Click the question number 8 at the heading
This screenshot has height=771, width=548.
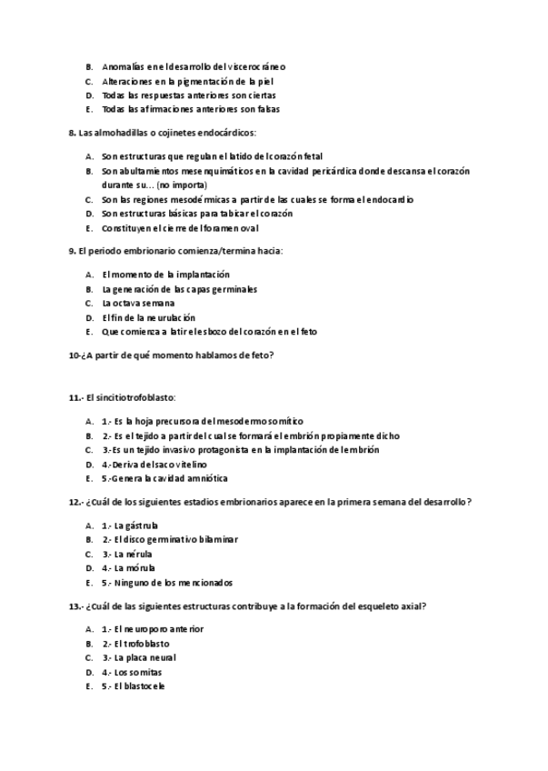pos(72,133)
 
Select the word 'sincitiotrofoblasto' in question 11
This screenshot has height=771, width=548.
pos(136,398)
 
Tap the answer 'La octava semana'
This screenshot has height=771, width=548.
pos(138,304)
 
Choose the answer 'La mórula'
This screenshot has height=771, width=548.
pos(135,568)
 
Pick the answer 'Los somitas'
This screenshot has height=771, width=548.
pos(139,672)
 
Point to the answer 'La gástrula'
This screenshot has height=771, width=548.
pos(136,526)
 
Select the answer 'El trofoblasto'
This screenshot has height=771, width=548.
pos(142,644)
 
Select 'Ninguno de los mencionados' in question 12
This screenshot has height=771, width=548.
pos(174,583)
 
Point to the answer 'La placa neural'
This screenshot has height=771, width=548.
pos(145,657)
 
